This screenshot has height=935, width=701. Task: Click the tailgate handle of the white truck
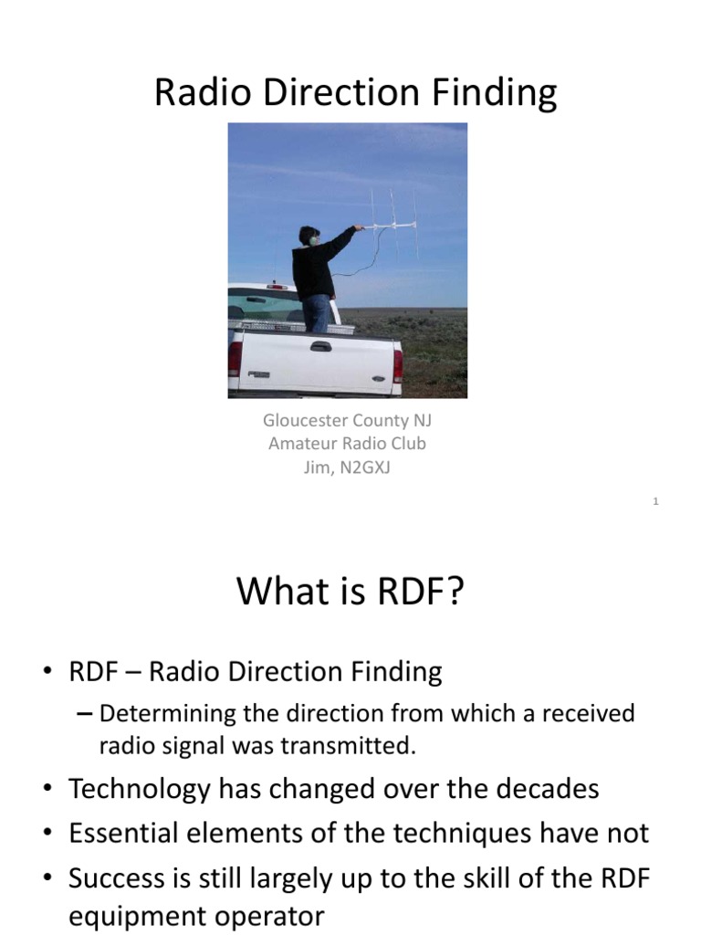click(320, 346)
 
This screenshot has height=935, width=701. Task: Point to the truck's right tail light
click(398, 363)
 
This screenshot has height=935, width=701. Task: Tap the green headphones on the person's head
click(314, 240)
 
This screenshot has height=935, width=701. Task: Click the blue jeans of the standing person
click(317, 312)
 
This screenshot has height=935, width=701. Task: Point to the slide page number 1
click(656, 501)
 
